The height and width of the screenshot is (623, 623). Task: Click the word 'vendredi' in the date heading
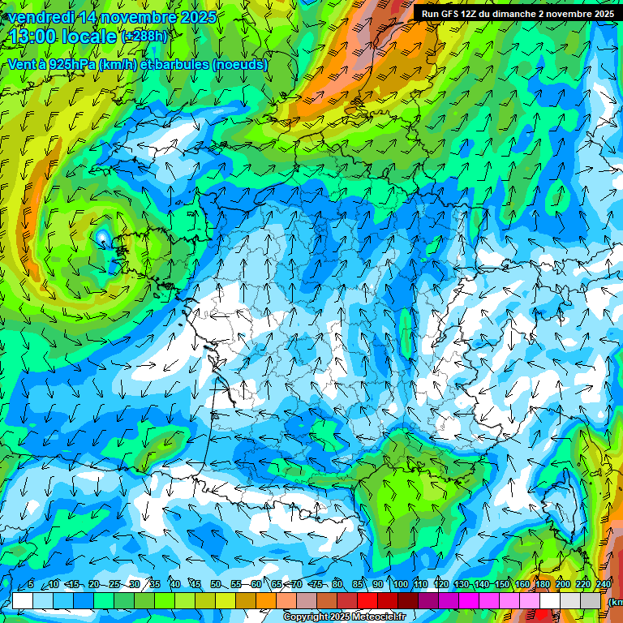click(x=40, y=17)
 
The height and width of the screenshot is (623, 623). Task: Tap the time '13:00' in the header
click(x=31, y=37)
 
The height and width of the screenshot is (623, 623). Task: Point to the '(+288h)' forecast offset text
click(x=144, y=37)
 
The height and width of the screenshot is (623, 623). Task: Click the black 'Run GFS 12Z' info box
click(x=517, y=13)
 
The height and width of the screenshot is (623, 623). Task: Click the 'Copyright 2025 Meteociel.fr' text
click(x=344, y=617)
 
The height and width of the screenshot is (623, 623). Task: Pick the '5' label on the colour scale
click(x=30, y=585)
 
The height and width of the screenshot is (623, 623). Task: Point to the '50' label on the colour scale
click(x=216, y=585)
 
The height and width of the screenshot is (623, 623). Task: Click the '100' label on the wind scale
click(x=400, y=585)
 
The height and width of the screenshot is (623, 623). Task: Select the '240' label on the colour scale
click(x=604, y=585)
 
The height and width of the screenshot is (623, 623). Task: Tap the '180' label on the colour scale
click(x=542, y=585)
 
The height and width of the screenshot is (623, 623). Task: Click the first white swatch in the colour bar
click(x=23, y=600)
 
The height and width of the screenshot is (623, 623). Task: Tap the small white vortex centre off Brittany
click(x=102, y=237)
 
